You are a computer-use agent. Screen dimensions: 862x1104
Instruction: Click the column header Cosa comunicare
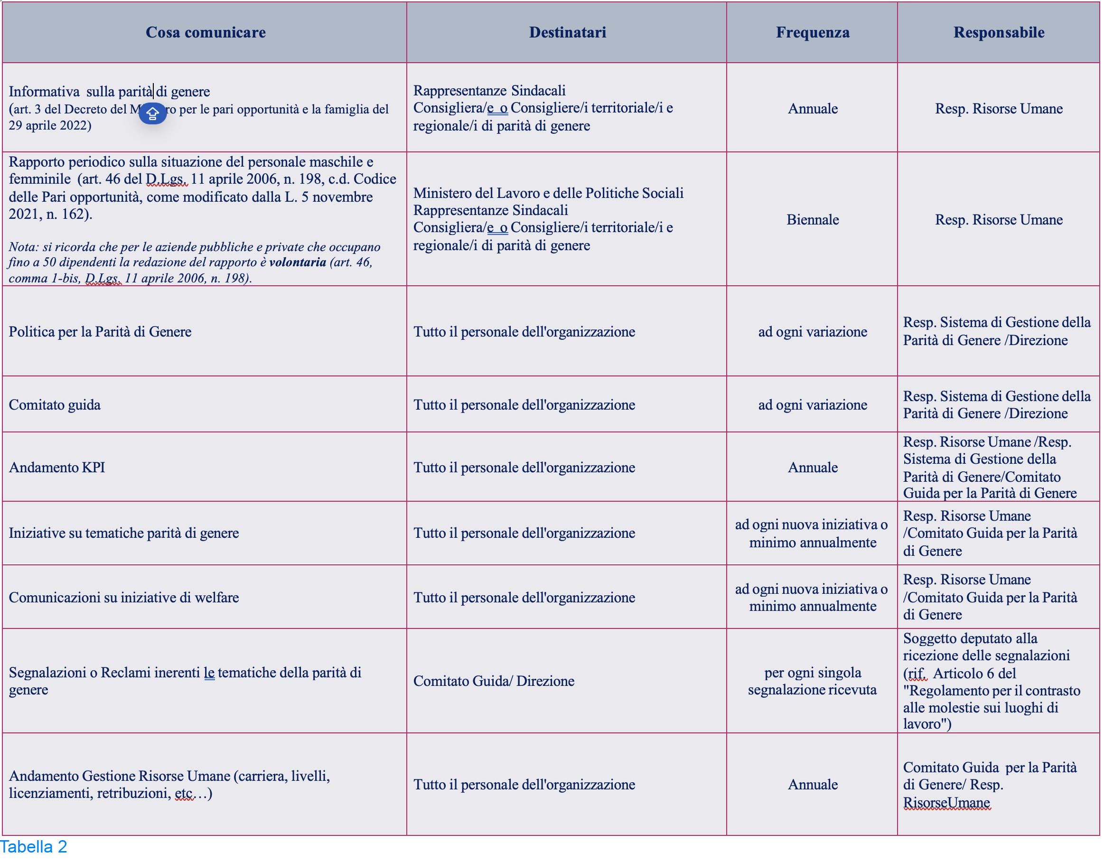205,32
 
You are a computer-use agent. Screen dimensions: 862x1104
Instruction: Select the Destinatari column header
567,32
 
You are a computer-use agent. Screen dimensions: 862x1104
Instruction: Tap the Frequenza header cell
812,32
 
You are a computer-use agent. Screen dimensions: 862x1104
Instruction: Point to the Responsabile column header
998,32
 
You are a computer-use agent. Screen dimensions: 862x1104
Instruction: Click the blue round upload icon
153,113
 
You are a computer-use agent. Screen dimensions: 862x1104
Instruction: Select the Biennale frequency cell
812,219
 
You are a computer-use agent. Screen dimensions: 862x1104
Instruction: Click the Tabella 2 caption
33,847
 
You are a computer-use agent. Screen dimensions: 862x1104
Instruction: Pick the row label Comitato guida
55,404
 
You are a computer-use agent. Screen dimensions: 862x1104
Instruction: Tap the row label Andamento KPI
56,467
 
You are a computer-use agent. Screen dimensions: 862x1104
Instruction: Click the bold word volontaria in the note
297,262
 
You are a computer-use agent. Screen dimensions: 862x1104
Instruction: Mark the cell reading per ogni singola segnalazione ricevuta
812,681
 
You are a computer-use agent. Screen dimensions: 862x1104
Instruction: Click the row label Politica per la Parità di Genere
100,332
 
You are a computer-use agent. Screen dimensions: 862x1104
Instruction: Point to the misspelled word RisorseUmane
946,802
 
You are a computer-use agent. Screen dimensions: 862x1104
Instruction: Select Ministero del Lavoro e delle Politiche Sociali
548,193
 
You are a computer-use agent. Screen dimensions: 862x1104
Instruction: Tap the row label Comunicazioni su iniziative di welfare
123,597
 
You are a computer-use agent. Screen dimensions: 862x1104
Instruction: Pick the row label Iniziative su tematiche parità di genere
123,533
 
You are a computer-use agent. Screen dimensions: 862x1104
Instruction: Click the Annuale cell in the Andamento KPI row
812,467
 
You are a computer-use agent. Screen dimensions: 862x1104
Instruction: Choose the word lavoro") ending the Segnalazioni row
927,724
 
